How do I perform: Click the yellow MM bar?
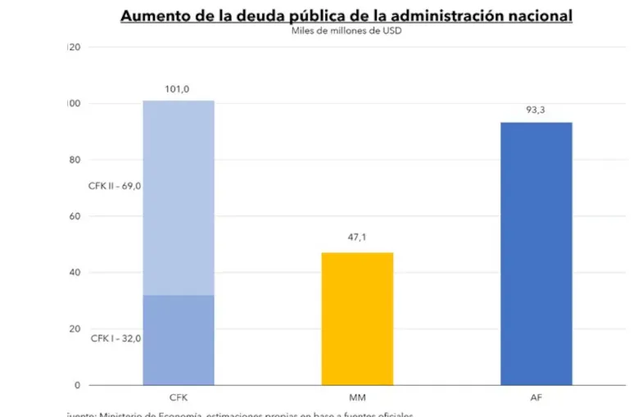[357, 318]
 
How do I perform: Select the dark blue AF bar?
[536, 252]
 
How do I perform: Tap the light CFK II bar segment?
[179, 197]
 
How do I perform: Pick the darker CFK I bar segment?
[179, 339]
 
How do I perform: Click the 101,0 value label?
[178, 90]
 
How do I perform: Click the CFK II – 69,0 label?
[115, 186]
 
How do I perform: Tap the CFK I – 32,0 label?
[115, 338]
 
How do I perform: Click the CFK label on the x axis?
[179, 397]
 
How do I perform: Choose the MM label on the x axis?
[357, 397]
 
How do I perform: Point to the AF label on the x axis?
[536, 397]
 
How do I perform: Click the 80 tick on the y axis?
[75, 160]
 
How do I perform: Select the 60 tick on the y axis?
[75, 216]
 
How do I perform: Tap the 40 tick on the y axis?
[75, 272]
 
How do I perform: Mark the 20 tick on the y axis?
[75, 329]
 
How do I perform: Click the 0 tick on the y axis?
[77, 385]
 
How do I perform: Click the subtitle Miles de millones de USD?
[346, 31]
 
